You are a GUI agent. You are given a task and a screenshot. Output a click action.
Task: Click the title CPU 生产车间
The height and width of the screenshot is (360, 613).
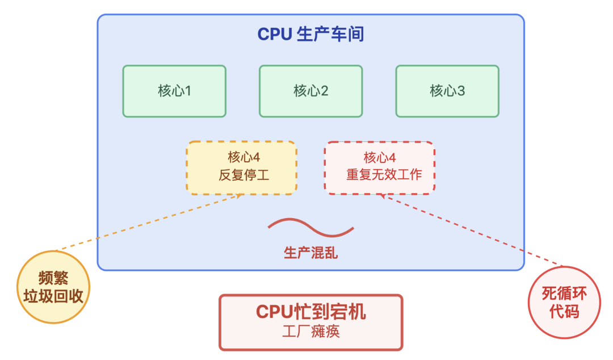click(x=310, y=35)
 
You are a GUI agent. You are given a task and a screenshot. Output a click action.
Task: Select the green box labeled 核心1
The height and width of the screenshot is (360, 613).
click(x=174, y=91)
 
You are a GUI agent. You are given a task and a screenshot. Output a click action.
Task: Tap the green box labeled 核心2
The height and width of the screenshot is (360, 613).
click(x=310, y=91)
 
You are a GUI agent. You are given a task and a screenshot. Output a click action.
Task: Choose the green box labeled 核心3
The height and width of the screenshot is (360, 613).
click(x=447, y=91)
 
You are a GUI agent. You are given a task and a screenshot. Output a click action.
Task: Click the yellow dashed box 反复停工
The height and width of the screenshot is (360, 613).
click(x=241, y=168)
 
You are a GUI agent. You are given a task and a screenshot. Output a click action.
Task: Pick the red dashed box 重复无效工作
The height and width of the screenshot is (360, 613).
click(x=379, y=168)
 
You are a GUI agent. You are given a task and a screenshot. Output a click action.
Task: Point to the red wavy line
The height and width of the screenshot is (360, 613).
click(x=310, y=227)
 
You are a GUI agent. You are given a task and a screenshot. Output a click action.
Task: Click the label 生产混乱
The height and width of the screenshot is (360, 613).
click(x=310, y=253)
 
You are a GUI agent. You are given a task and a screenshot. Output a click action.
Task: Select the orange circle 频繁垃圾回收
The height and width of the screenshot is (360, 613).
click(x=53, y=287)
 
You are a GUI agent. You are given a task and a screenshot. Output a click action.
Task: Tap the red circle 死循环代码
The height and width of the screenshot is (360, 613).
click(x=564, y=302)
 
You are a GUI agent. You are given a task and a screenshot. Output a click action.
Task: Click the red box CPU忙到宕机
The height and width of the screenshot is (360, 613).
click(x=310, y=321)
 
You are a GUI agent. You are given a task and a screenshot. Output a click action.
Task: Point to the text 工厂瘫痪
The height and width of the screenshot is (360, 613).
click(x=310, y=332)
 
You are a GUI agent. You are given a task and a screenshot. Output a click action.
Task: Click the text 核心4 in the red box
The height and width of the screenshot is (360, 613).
click(x=379, y=157)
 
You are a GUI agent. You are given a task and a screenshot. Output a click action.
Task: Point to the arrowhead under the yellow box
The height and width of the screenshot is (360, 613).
click(x=240, y=196)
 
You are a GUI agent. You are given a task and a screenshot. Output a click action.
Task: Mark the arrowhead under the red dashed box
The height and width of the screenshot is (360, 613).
click(x=383, y=196)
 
